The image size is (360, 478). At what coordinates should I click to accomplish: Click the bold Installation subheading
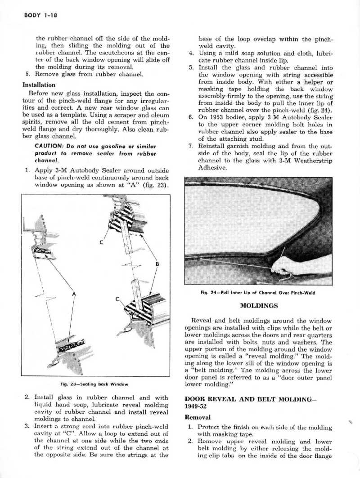coord(39,85)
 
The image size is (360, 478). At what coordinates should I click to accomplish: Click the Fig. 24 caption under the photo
coord(257,293)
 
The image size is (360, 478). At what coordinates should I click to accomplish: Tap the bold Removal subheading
coord(198,417)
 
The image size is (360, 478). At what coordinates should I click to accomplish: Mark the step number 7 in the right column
coord(190,147)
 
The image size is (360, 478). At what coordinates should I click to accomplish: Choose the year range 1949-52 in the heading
coord(197,407)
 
